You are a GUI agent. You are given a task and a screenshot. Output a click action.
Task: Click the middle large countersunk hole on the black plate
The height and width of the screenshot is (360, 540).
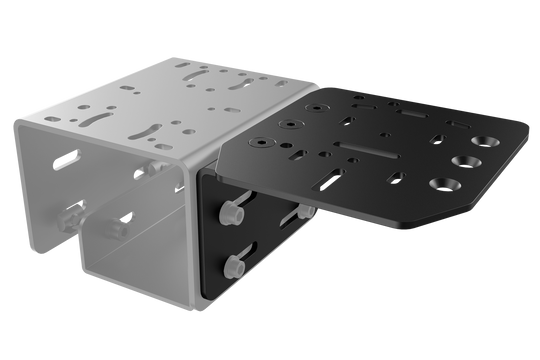465,161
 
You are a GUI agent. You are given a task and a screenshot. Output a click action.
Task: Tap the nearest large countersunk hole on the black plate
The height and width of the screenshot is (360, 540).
442,184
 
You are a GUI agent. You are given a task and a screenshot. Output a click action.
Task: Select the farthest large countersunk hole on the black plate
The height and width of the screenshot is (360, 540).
489,141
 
